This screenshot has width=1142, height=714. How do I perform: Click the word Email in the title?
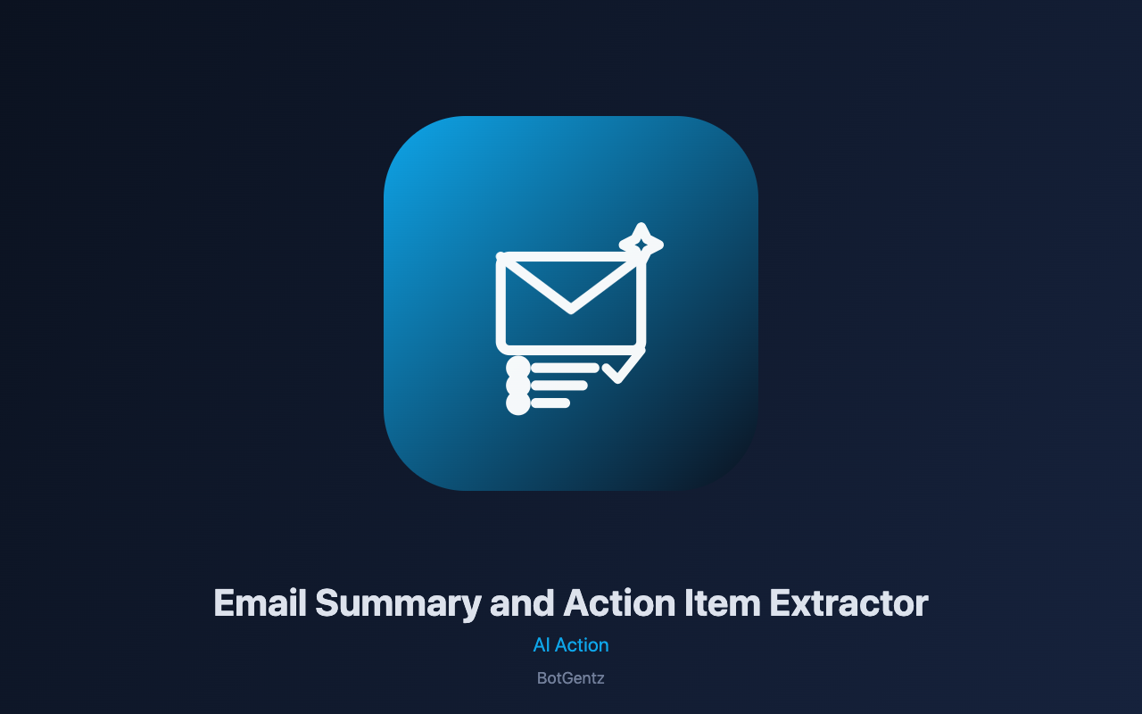[260, 602]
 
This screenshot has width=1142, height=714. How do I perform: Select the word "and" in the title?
[522, 602]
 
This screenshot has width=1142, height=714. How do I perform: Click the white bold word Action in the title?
[619, 602]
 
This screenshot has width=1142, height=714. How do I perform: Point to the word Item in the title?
[723, 602]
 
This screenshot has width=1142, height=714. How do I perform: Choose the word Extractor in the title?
[848, 602]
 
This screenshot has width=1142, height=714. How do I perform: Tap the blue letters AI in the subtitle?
[541, 645]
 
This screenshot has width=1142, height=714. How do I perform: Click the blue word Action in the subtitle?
[582, 645]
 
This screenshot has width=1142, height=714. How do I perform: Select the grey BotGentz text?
[570, 678]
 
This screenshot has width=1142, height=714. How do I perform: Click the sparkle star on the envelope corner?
[641, 245]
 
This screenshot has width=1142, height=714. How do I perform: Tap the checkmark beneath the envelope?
[624, 366]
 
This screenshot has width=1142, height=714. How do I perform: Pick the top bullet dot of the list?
[518, 368]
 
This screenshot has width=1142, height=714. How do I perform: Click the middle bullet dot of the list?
[518, 385]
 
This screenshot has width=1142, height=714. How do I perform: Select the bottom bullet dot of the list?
[518, 403]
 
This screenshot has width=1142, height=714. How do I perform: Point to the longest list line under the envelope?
[565, 368]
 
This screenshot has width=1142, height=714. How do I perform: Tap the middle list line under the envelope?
[559, 385]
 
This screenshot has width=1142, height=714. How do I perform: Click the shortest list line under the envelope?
[550, 403]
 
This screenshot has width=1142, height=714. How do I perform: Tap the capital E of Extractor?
[780, 602]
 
